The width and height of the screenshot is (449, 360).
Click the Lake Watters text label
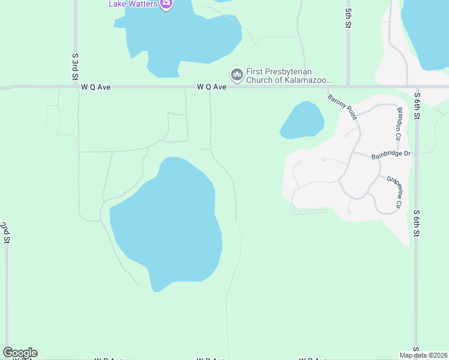pos(133,4)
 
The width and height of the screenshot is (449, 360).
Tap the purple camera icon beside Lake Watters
pos(167,4)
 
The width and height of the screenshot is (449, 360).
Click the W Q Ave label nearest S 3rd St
pos(96,87)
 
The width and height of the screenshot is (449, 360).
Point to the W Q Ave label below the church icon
pos(211,87)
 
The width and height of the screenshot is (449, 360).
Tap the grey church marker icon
pos(237,75)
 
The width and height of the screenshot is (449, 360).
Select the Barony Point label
pos(342,107)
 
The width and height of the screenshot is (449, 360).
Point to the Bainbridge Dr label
pos(390,154)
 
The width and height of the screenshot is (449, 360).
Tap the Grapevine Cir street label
pos(394,192)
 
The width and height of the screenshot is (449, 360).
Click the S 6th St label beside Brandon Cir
pos(416,106)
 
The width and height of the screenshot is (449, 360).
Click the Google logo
pos(20,353)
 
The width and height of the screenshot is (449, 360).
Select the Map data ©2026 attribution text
pos(423,355)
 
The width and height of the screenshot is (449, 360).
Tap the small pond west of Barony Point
pos(302,121)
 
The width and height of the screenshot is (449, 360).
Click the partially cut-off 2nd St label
pos(5,232)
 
